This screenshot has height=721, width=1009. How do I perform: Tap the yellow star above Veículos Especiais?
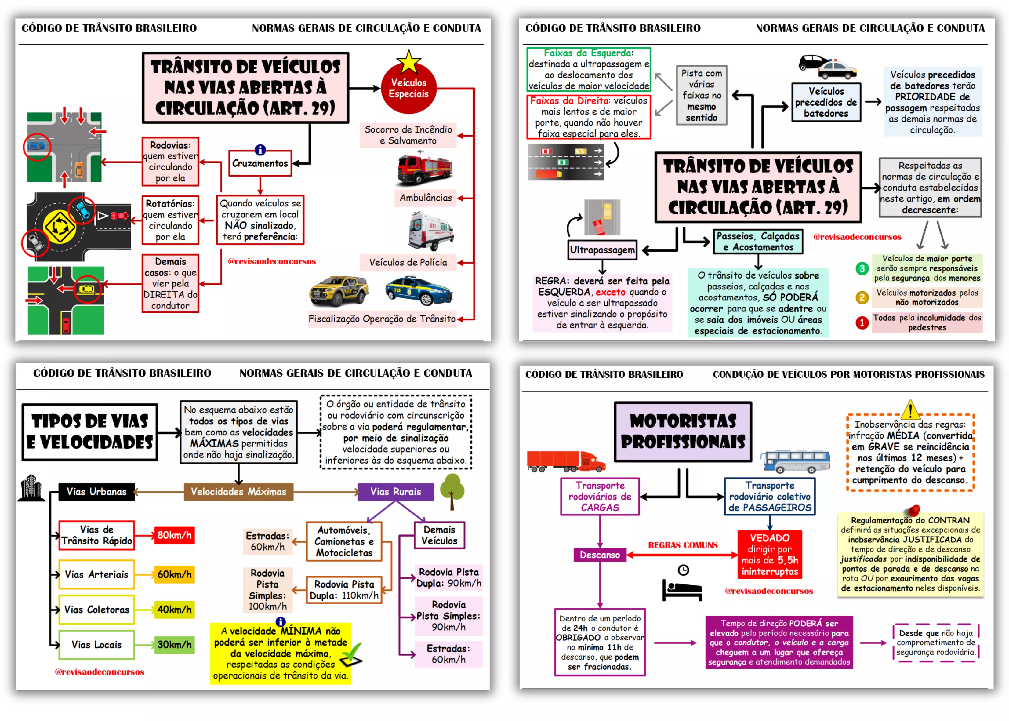tap(409, 62)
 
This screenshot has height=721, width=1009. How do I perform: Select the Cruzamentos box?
tap(260, 163)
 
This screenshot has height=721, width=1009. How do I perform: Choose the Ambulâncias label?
tap(425, 198)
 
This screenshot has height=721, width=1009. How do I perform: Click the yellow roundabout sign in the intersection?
tap(59, 227)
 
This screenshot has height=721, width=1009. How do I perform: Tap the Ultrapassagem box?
tap(602, 250)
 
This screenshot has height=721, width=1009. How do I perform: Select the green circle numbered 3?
tap(862, 268)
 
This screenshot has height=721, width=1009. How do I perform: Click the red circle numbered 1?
tap(862, 323)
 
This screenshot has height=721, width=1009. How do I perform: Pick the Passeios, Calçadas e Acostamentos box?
tap(758, 242)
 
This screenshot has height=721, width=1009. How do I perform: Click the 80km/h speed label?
tap(174, 535)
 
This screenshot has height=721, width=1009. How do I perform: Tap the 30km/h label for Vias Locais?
tap(174, 645)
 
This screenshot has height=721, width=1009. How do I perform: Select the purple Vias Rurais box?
tap(395, 491)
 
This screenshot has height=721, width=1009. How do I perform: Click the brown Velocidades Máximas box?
tap(238, 491)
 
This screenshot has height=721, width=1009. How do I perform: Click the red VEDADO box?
tap(769, 555)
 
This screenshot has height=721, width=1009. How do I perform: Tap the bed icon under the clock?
tap(681, 590)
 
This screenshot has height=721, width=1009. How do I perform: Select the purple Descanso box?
tap(600, 555)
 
